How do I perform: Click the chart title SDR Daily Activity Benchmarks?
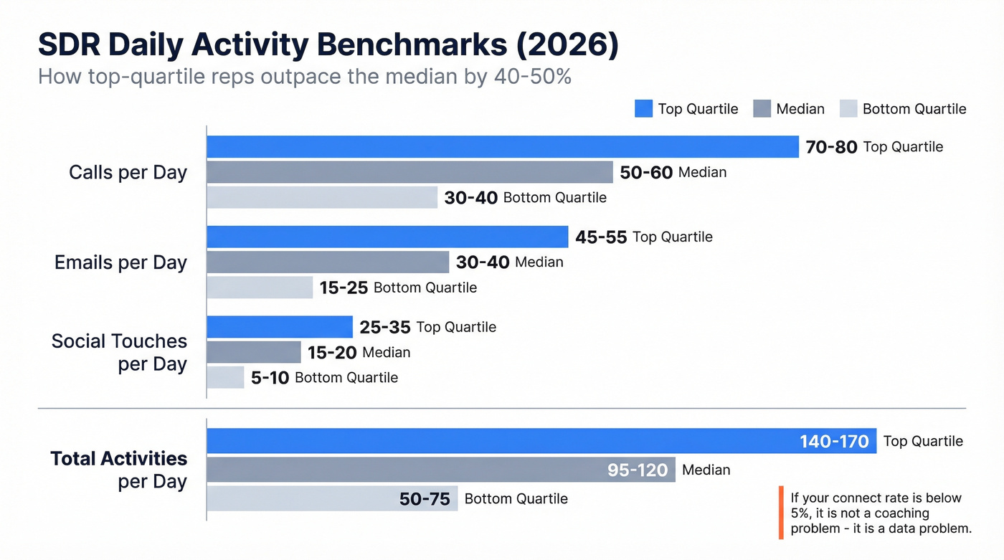328,45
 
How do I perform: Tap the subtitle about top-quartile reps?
304,77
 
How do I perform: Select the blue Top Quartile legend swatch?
643,109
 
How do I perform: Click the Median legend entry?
789,109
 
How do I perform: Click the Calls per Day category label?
128,172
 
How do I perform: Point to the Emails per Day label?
120,262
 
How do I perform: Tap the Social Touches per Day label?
119,352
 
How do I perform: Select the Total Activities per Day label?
119,470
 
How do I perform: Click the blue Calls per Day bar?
502,147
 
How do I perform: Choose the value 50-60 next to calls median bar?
646,172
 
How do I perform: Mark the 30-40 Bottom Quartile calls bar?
322,197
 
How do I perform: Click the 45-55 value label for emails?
601,237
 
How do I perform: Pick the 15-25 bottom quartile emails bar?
260,288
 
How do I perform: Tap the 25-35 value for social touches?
385,328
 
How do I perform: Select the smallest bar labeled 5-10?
225,377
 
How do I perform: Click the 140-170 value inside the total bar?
834,442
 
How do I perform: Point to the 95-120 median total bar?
440,470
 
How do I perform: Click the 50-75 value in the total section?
425,499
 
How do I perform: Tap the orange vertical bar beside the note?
780,513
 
